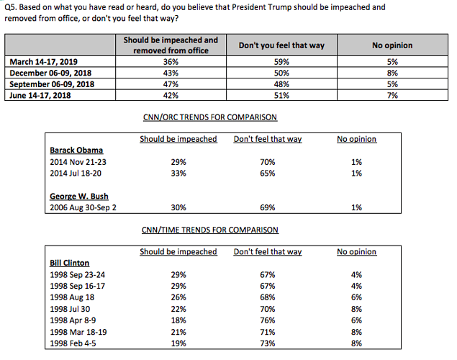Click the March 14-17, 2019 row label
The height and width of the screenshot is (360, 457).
click(x=43, y=62)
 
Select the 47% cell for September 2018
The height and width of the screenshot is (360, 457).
click(x=171, y=84)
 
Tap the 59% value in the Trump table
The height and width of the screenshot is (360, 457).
click(x=281, y=62)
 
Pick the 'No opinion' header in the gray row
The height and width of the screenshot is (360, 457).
click(x=392, y=45)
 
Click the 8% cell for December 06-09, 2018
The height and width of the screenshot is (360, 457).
click(x=392, y=73)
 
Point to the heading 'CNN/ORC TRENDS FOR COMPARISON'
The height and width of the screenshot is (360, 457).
click(x=210, y=117)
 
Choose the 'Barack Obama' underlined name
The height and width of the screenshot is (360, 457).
click(x=76, y=150)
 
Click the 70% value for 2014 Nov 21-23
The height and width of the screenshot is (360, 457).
click(x=268, y=162)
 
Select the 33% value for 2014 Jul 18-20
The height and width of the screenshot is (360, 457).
click(x=178, y=173)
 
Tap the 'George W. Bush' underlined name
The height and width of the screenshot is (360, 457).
click(x=79, y=196)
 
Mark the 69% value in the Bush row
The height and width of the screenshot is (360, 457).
click(x=268, y=207)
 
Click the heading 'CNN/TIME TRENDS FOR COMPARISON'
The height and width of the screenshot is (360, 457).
click(x=210, y=230)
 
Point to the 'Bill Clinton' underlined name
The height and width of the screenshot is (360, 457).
click(x=69, y=263)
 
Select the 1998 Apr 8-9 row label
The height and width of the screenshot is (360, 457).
click(x=73, y=320)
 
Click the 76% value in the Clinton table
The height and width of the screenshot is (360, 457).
click(x=268, y=320)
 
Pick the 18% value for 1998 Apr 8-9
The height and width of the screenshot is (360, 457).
click(x=178, y=320)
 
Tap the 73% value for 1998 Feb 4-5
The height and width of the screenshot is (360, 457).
click(x=268, y=343)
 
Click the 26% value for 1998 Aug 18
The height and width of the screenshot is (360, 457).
click(x=178, y=297)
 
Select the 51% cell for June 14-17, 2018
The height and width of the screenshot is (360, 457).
click(x=281, y=95)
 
